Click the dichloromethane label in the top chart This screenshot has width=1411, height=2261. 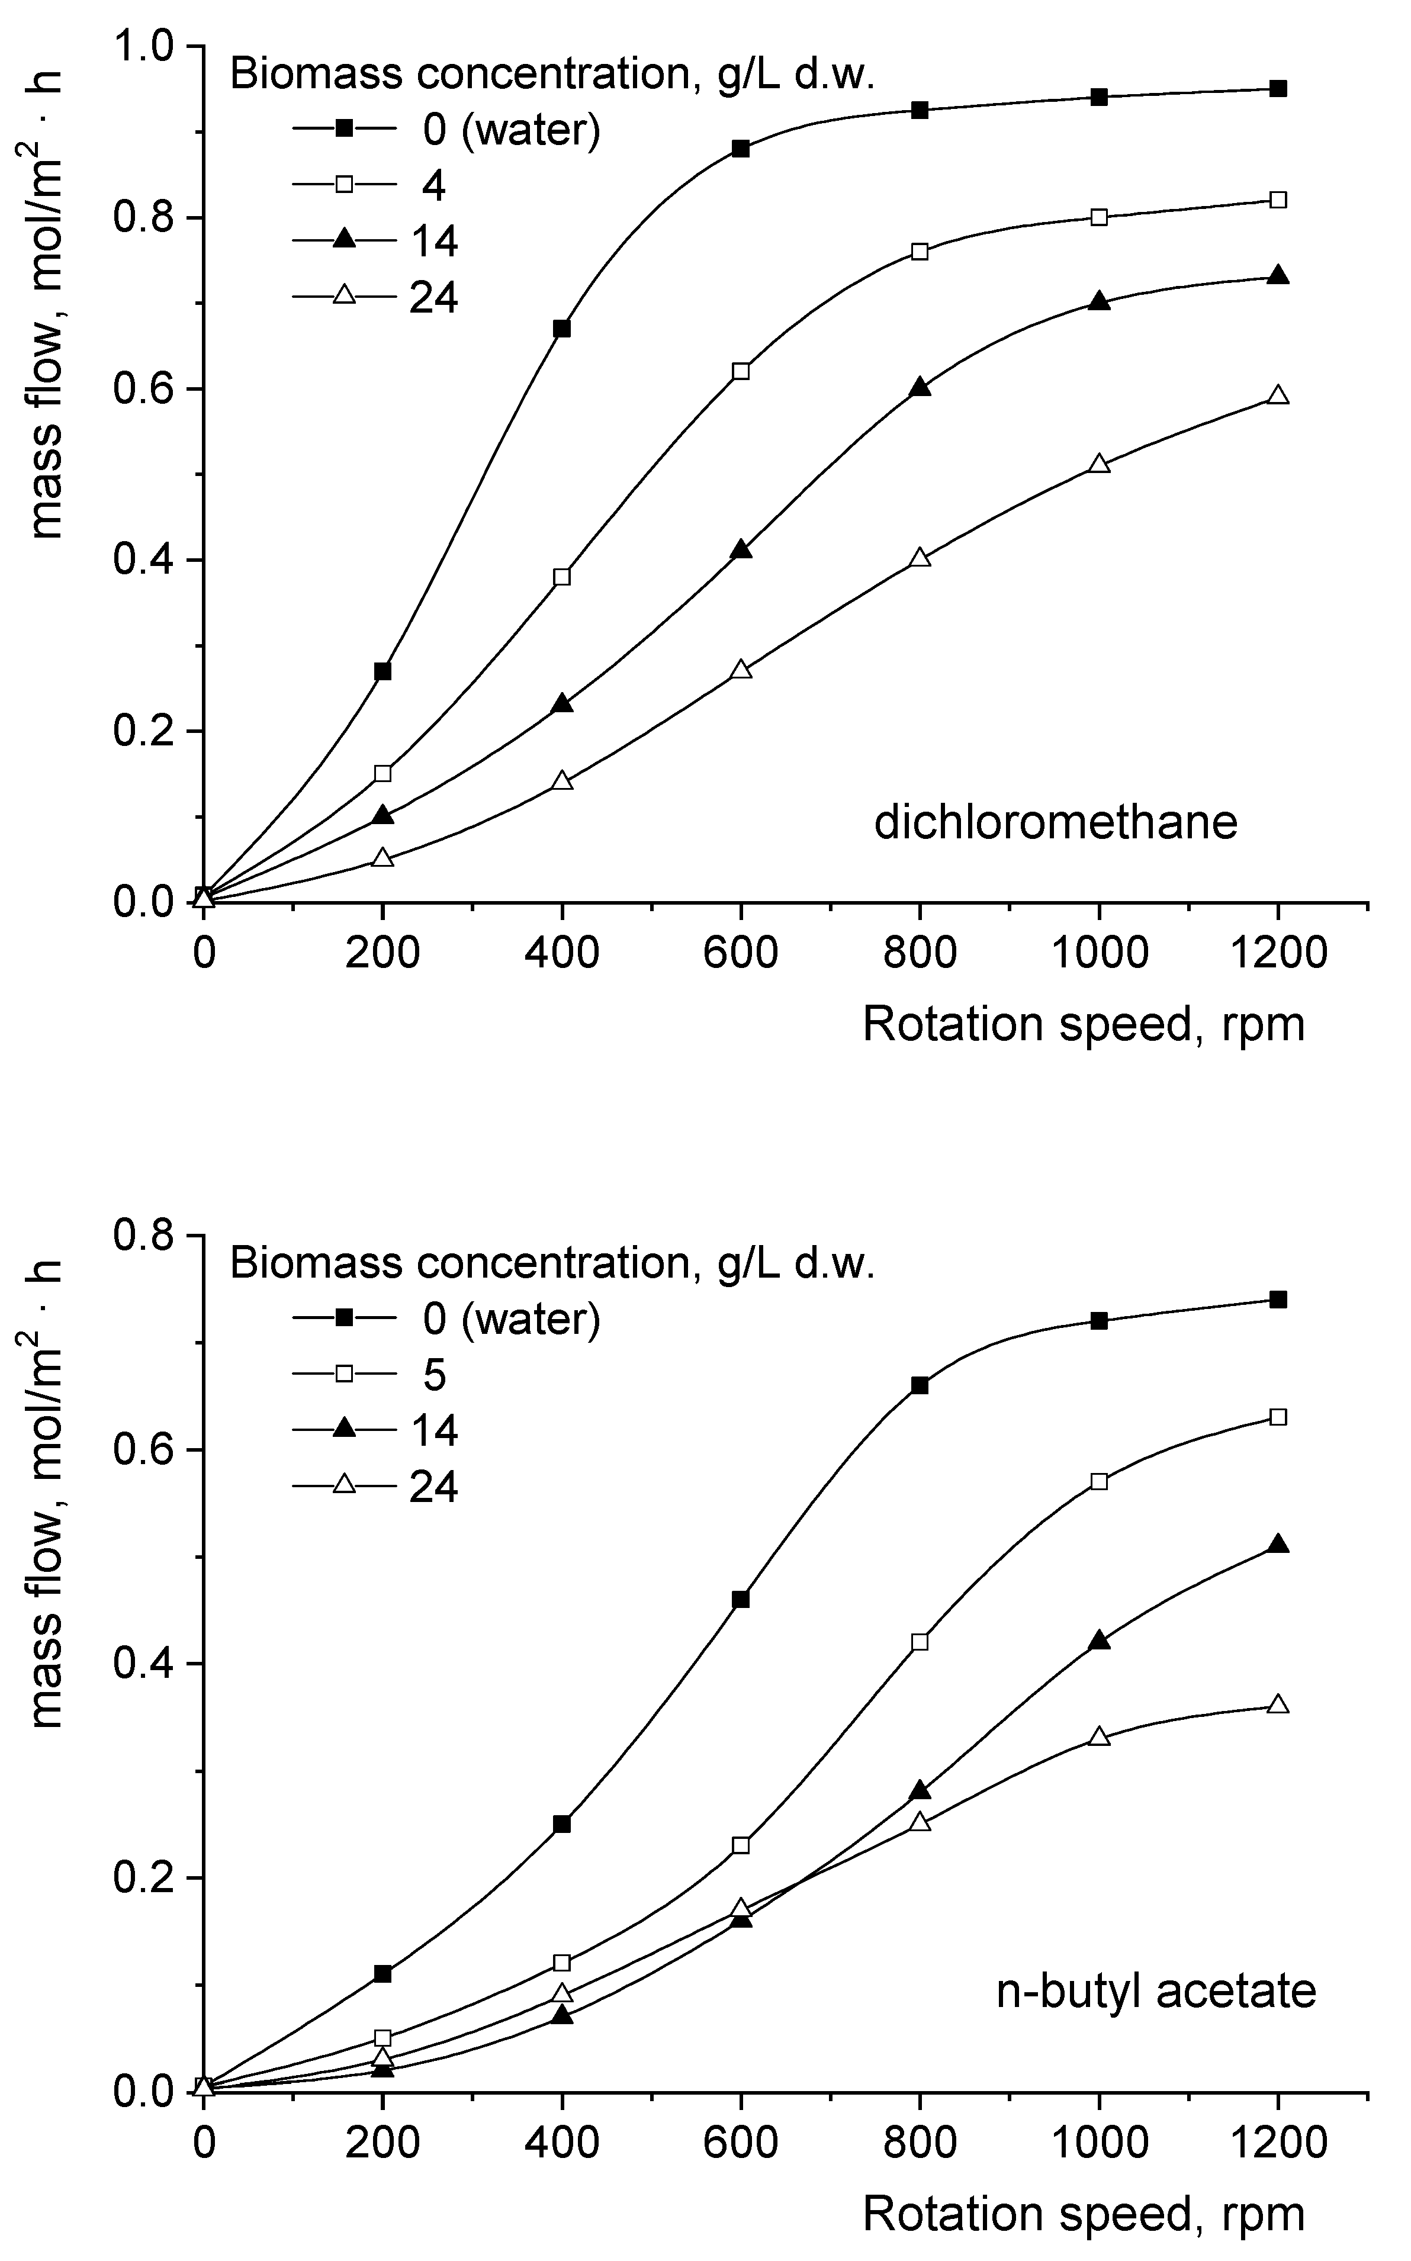pos(1056,823)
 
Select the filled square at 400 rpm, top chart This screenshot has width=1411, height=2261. pos(562,329)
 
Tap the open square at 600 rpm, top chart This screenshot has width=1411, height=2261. pos(741,371)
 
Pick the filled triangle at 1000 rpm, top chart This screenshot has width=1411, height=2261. pos(1100,301)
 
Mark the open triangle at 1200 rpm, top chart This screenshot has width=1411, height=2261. pos(1278,395)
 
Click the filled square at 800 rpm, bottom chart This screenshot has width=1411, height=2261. pos(920,1385)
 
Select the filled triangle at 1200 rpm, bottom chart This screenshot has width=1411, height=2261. pos(1278,1545)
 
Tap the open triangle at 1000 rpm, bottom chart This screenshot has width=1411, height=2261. pos(1100,1736)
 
